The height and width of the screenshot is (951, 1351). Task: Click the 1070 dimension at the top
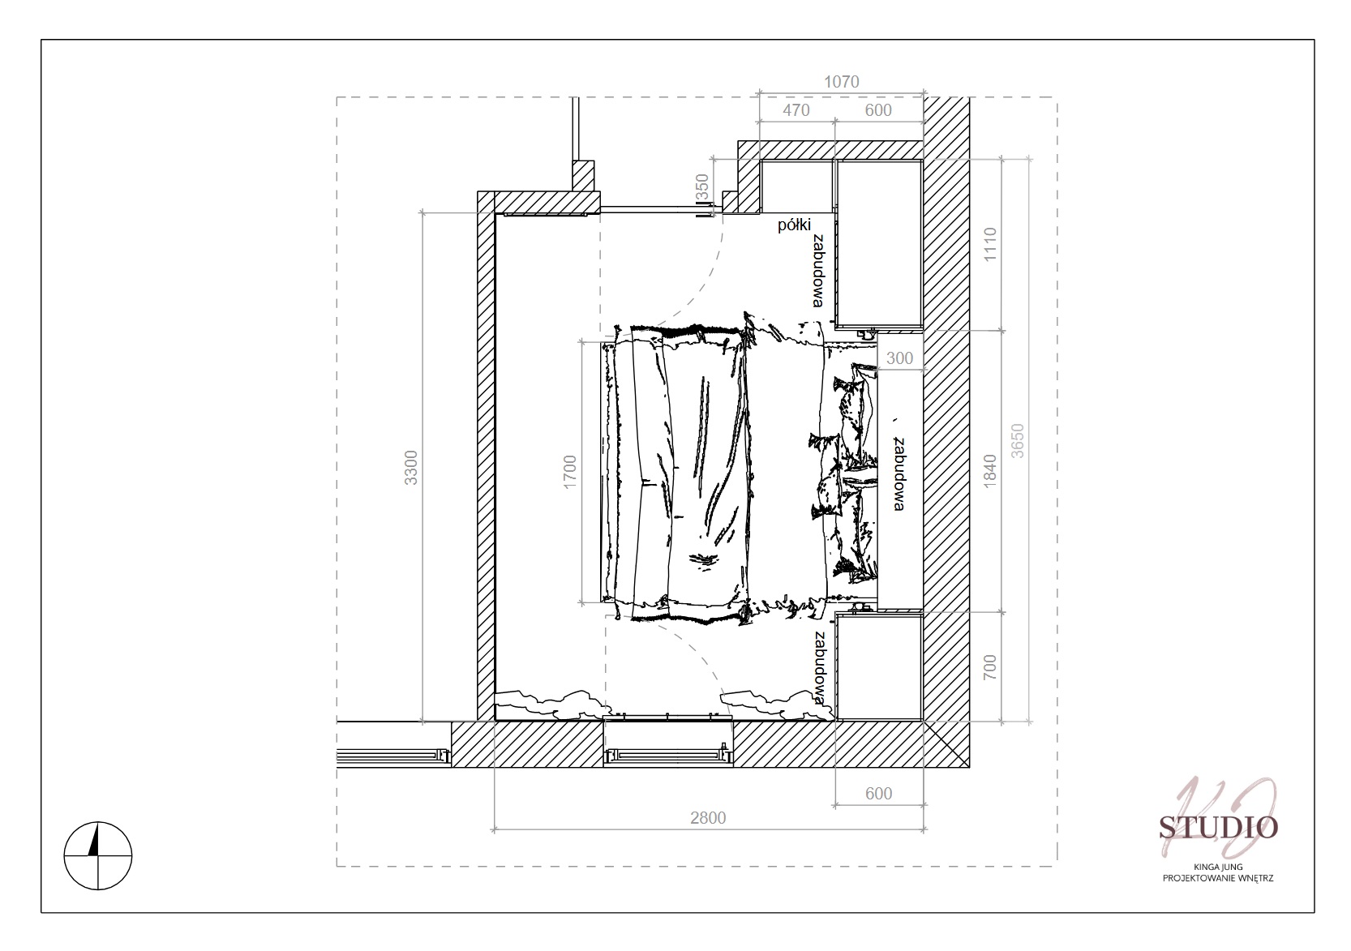842,81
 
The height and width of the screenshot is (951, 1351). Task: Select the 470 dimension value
796,110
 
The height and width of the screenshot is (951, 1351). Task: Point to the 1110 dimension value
990,244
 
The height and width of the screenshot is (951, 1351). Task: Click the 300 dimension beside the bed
899,358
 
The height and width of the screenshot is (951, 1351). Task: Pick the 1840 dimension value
990,471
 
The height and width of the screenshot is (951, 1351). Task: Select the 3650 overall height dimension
1018,441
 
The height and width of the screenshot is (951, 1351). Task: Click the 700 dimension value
990,667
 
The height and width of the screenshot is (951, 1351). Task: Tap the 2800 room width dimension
708,818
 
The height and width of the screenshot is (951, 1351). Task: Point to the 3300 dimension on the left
410,467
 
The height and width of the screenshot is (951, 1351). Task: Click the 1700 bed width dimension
570,472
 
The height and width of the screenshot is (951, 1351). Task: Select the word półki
795,225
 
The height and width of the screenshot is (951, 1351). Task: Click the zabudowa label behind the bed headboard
899,474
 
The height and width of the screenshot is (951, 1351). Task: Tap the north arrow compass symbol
97,855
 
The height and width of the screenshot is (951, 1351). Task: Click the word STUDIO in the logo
1218,828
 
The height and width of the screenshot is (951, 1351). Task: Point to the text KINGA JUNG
1218,867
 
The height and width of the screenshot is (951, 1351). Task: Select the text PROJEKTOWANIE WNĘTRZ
1218,878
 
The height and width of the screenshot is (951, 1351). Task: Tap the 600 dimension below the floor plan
878,794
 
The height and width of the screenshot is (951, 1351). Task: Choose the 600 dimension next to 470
878,110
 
